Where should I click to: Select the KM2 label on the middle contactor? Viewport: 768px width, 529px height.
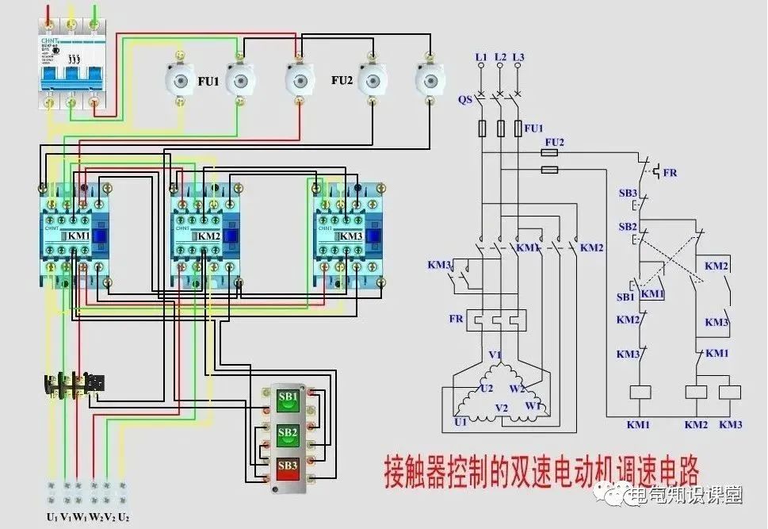point(208,236)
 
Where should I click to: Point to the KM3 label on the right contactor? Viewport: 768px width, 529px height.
point(350,236)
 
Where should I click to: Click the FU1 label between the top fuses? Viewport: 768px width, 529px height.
point(208,81)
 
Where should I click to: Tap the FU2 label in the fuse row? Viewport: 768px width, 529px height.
point(342,81)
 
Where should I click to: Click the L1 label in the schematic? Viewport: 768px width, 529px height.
point(480,57)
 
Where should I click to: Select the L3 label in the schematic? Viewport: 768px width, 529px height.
point(518,57)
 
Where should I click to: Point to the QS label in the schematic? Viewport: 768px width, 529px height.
point(464,100)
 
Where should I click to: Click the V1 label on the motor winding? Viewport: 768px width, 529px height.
point(495,355)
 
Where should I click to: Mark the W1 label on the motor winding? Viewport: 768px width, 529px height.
point(533,406)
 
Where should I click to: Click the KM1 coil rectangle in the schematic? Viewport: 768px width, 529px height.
point(639,392)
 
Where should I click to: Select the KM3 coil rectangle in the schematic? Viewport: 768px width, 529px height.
point(729,392)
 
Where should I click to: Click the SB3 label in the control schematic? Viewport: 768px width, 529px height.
point(628,194)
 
